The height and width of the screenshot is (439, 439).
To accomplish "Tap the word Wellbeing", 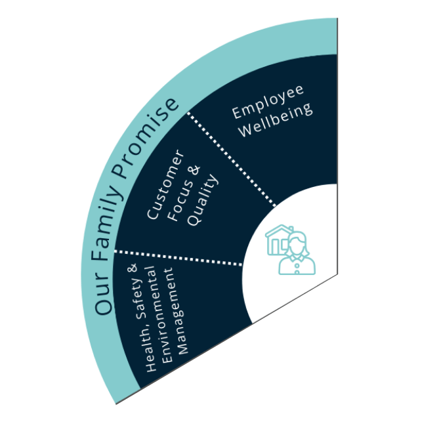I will click(x=276, y=120).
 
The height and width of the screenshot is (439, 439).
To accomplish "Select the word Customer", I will click(x=165, y=185).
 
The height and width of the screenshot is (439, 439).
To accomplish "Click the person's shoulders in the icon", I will click(x=298, y=264).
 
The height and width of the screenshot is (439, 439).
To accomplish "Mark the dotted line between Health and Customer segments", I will click(x=177, y=258).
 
